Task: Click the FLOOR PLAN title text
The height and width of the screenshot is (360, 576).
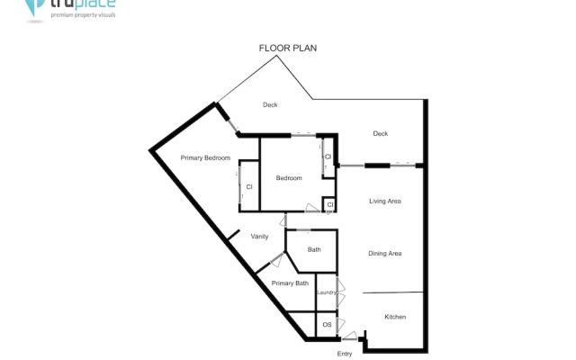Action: [x=287, y=48]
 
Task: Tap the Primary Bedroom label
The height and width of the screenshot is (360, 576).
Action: [x=205, y=158]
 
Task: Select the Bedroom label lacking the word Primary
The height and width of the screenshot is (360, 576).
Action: [x=289, y=178]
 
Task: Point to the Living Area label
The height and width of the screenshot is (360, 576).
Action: [x=384, y=201]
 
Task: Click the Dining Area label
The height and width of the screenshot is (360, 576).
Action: [x=384, y=254]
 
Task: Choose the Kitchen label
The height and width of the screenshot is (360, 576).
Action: [x=396, y=317]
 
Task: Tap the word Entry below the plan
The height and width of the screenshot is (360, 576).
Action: [x=345, y=354]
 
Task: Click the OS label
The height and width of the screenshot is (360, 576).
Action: [x=327, y=324]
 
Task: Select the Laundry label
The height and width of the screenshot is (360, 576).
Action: [x=326, y=292]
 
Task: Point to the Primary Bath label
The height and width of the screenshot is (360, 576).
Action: [x=290, y=283]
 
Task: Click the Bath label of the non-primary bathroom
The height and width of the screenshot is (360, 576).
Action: [x=314, y=249]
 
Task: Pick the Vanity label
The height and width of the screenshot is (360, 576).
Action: [x=259, y=236]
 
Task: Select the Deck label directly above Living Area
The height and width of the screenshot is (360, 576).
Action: [x=380, y=134]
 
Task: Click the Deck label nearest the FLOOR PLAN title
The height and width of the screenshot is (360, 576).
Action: [x=270, y=105]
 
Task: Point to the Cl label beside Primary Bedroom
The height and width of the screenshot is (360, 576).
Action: [x=248, y=186]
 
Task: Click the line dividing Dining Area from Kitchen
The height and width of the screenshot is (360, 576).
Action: [x=393, y=292]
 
